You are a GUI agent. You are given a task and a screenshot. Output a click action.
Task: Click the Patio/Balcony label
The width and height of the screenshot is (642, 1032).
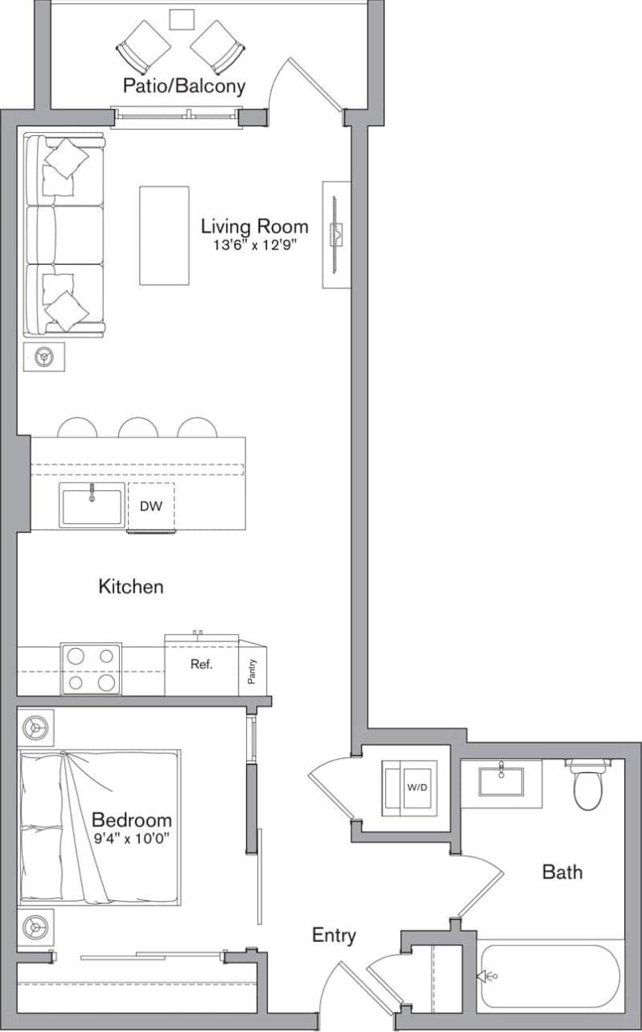[184, 86]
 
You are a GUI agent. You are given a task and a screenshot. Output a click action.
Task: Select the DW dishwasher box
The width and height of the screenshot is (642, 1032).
[151, 506]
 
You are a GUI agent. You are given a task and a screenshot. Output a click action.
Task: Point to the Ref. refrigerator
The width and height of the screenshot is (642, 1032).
[202, 665]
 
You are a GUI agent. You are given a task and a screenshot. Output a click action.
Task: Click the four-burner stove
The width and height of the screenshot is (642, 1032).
[91, 669]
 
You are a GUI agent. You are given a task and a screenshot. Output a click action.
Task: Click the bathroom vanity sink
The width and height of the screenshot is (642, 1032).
[500, 782]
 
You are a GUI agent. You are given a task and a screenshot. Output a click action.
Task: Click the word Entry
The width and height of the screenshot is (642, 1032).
[334, 936]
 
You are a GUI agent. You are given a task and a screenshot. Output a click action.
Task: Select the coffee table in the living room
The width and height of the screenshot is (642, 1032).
[164, 236]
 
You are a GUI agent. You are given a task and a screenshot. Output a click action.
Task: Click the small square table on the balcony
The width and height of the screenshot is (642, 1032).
[181, 19]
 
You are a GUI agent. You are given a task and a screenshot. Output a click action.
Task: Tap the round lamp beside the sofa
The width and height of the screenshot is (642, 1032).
[44, 356]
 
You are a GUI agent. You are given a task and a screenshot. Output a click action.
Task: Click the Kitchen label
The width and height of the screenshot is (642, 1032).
[130, 586]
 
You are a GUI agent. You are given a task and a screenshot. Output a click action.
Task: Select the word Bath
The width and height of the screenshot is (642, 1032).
[562, 872]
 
